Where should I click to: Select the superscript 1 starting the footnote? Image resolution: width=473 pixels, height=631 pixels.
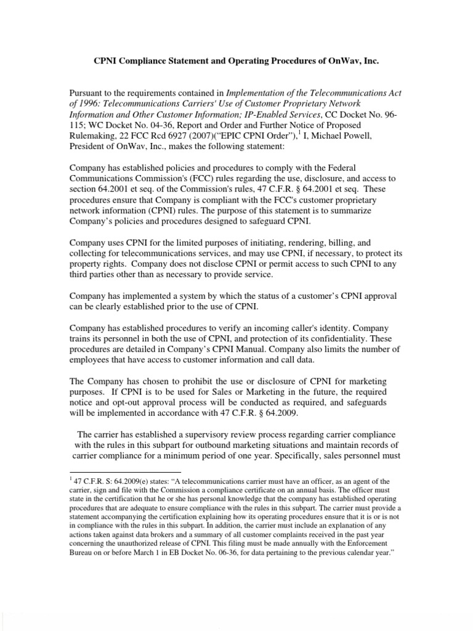point(70,478)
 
